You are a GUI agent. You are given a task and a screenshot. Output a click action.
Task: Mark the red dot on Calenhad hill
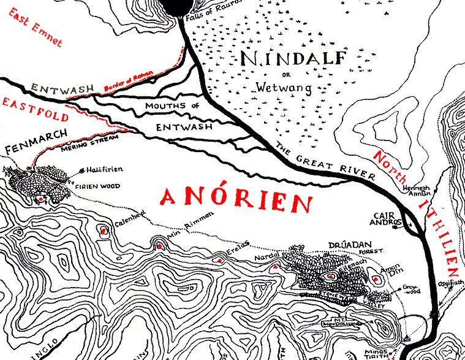104,231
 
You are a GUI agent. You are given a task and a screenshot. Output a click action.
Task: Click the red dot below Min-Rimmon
159,246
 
